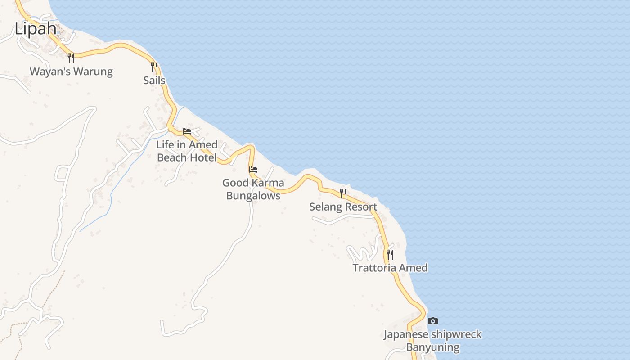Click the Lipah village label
click(x=36, y=29)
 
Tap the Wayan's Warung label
click(x=71, y=72)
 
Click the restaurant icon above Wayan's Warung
click(x=71, y=58)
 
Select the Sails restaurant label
click(x=154, y=81)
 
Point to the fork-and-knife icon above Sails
click(x=154, y=67)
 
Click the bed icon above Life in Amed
click(x=187, y=131)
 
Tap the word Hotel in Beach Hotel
click(x=203, y=157)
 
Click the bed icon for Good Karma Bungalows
click(x=253, y=170)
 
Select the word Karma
click(x=268, y=183)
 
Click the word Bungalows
click(x=253, y=196)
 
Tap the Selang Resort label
click(x=343, y=207)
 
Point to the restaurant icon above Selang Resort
click(x=343, y=193)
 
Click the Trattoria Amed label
click(x=390, y=268)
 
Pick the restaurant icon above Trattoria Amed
click(x=390, y=255)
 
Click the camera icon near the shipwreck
click(x=433, y=321)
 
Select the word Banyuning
click(x=433, y=347)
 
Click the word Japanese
click(x=406, y=334)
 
